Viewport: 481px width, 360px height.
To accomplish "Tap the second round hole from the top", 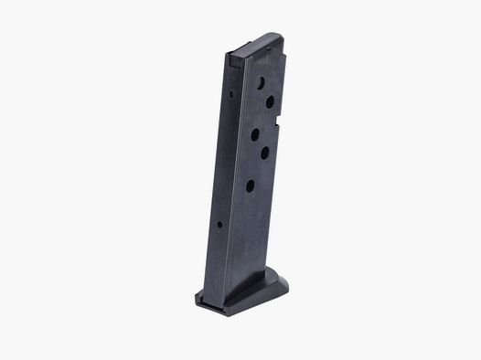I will tap(271, 102).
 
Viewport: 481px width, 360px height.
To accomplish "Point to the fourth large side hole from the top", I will tap(264, 154).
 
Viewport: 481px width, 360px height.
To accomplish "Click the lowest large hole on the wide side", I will tap(250, 185).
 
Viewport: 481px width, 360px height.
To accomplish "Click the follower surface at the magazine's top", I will tap(257, 42).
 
